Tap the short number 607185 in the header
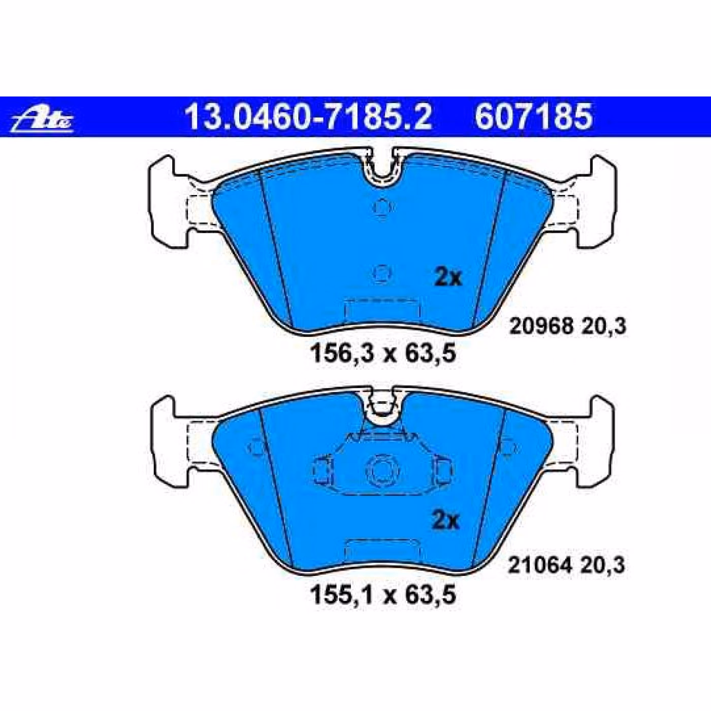point(533,117)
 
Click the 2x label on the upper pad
point(448,278)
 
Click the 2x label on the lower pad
point(445,521)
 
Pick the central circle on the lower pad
point(382,469)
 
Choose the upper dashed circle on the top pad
point(382,207)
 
